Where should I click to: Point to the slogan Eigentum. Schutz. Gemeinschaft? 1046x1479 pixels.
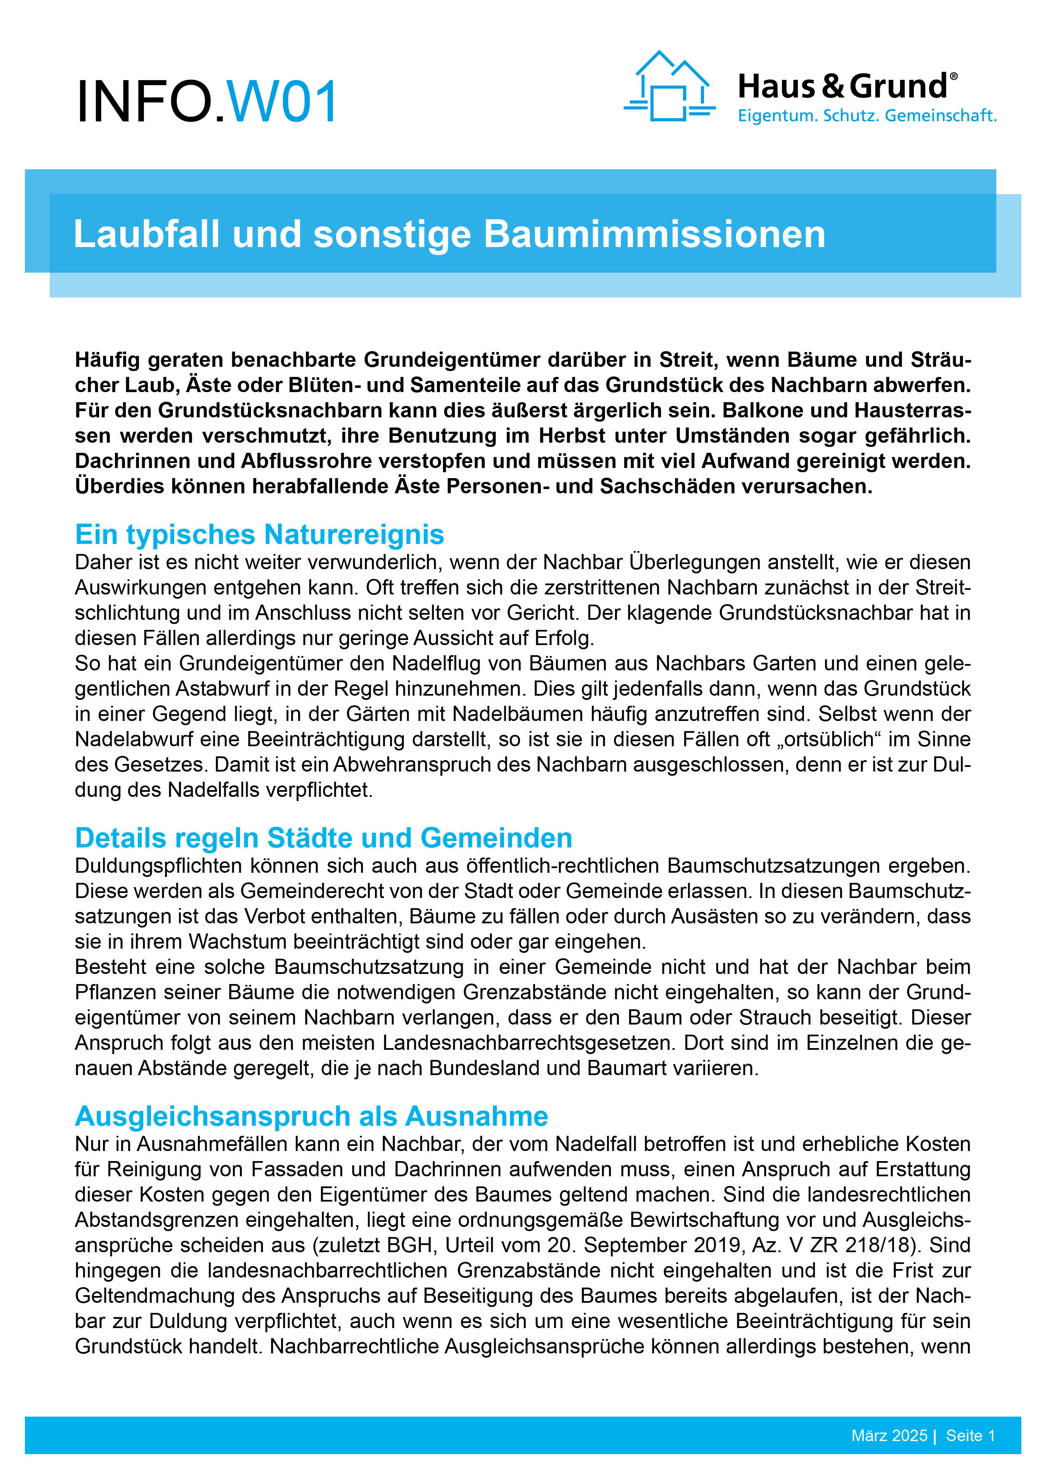tap(867, 116)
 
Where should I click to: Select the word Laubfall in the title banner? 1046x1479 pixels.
tap(146, 234)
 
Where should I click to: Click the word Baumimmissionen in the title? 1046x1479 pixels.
tap(654, 234)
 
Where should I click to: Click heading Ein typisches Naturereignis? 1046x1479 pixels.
tap(259, 534)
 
